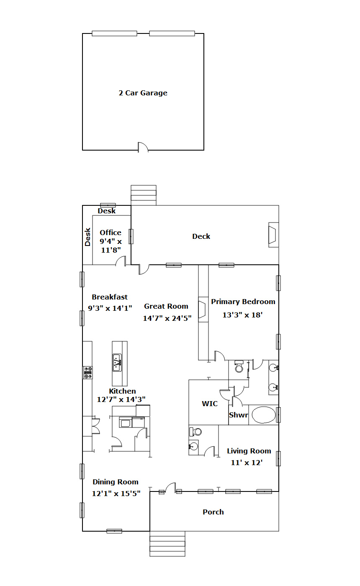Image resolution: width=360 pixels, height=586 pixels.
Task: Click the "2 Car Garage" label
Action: (x=143, y=93)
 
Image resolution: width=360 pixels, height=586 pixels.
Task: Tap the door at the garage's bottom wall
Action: (x=143, y=147)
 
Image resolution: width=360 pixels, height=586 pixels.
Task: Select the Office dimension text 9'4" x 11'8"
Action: (x=111, y=246)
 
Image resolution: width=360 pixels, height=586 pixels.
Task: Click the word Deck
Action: (x=201, y=236)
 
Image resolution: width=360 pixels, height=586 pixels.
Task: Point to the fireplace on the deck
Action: (x=273, y=235)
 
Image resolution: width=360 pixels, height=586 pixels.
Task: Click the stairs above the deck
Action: (x=144, y=195)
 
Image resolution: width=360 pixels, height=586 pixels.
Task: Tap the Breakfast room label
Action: (x=110, y=297)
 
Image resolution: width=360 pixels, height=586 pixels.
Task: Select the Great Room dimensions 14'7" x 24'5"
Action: (x=167, y=318)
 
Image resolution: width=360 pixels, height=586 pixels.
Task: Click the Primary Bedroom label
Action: (x=243, y=302)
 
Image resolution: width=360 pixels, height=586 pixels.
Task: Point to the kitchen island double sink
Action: (x=117, y=362)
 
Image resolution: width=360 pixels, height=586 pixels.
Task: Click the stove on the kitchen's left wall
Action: (x=88, y=373)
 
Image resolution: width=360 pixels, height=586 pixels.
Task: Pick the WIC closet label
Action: (x=210, y=404)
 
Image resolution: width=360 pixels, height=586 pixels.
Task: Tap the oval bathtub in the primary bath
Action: (x=264, y=415)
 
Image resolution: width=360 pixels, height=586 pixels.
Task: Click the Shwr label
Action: (x=238, y=415)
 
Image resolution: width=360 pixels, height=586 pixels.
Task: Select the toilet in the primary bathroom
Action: (x=239, y=366)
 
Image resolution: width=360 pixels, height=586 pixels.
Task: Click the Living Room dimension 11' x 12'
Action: (x=247, y=463)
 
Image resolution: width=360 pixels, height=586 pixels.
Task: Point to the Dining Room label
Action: (x=116, y=482)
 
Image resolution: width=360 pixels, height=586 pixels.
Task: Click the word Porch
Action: (x=213, y=512)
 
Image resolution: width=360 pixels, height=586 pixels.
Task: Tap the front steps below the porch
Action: (x=167, y=544)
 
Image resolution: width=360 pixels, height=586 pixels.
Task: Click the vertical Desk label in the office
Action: (x=87, y=237)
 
